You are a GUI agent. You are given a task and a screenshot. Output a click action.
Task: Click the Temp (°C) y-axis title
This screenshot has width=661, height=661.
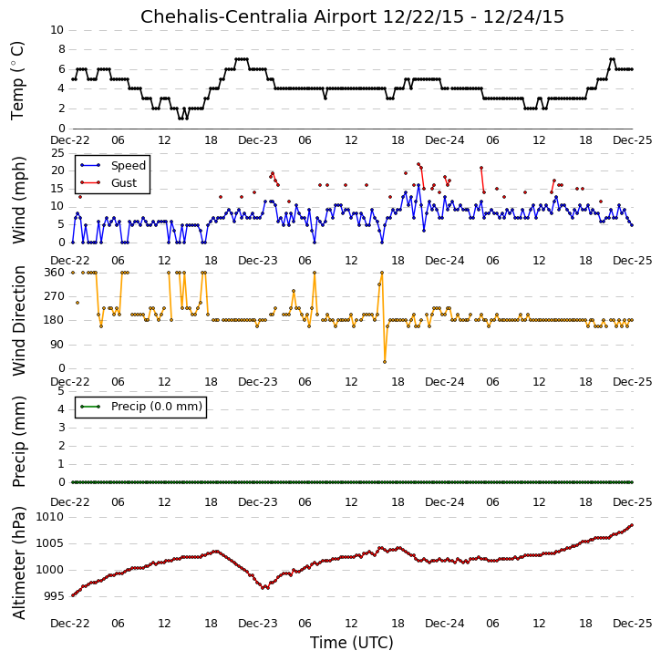[x=17, y=80]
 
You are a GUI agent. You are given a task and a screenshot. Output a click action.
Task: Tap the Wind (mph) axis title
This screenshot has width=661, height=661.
[x=18, y=201]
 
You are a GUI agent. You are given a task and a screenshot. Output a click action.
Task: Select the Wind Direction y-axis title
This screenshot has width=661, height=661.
[x=18, y=320]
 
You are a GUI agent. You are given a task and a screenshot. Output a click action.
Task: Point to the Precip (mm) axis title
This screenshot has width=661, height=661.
[x=18, y=441]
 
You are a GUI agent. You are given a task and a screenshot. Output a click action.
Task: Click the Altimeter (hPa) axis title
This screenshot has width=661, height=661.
[x=18, y=563]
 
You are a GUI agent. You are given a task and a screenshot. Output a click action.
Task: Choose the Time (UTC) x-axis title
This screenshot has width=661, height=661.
[x=352, y=643]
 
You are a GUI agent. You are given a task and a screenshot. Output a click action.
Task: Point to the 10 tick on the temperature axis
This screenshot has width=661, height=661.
[x=57, y=30]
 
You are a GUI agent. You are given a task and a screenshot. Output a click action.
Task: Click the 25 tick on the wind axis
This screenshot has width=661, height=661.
[x=57, y=152]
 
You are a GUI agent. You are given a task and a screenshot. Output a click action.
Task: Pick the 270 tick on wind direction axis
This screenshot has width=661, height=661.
[x=55, y=296]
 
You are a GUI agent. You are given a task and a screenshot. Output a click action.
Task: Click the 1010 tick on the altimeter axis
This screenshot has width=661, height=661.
[x=50, y=517]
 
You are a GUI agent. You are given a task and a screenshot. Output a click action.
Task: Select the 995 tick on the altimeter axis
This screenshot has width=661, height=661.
[x=54, y=596]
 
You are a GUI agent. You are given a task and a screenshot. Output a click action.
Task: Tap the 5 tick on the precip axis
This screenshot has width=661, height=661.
[x=61, y=391]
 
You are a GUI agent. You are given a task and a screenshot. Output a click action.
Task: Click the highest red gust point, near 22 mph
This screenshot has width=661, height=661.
[x=418, y=164]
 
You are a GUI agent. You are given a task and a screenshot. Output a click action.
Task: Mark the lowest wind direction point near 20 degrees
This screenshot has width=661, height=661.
[x=385, y=362]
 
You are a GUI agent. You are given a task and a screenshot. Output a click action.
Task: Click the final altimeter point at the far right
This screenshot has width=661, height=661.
[x=632, y=525]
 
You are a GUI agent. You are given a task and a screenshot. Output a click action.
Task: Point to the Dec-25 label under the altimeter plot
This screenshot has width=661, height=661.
[x=633, y=623]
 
